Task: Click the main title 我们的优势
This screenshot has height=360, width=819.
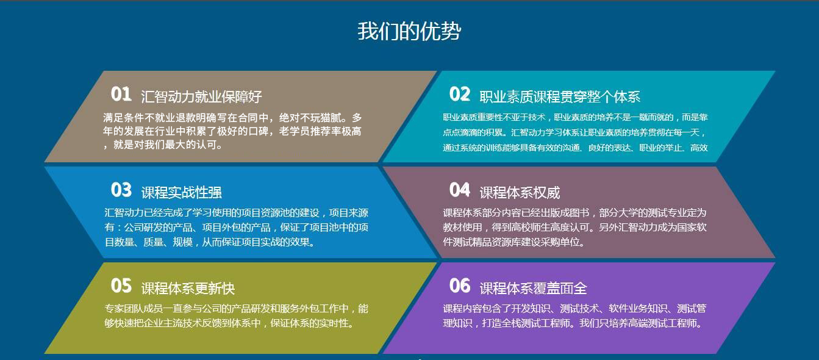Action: tap(409, 31)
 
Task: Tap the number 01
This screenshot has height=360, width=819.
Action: tap(121, 94)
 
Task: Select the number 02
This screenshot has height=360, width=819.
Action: tap(460, 94)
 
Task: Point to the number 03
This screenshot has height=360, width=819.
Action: tap(121, 190)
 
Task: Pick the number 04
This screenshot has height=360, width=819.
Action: tap(460, 190)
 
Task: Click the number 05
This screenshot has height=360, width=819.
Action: tap(121, 286)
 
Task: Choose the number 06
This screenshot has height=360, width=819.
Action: tap(460, 286)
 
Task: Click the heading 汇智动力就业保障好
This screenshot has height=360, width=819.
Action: tap(201, 96)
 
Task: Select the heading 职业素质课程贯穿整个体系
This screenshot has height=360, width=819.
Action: tap(560, 96)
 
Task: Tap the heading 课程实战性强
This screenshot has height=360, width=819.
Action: tap(181, 192)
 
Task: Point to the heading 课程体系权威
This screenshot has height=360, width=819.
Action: tap(520, 192)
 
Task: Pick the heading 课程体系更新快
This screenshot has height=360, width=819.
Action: tap(188, 288)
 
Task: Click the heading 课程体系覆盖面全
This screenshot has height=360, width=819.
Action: tap(533, 288)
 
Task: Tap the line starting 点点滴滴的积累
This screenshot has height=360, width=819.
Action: tap(574, 132)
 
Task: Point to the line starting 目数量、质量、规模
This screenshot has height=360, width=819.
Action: tap(210, 242)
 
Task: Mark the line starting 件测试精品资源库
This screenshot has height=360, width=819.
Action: tap(513, 242)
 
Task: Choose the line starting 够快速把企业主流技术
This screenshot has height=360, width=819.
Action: tap(229, 323)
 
